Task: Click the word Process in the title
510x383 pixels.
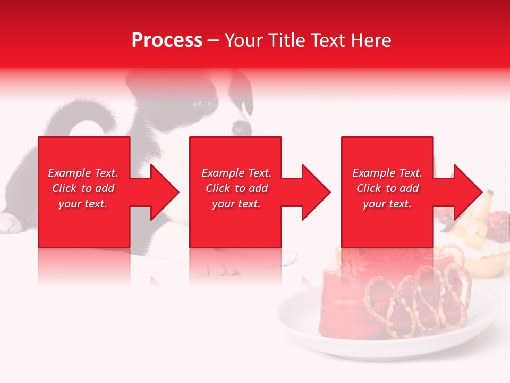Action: tap(167, 40)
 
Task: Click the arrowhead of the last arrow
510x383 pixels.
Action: tap(467, 192)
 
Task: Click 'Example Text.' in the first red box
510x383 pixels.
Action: tap(83, 173)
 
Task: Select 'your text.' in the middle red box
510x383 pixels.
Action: tap(236, 204)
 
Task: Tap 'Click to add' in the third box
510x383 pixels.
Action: tap(387, 188)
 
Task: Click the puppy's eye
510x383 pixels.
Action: tap(201, 104)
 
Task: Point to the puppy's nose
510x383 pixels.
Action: tap(241, 128)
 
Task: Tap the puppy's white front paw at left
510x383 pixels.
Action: tap(11, 222)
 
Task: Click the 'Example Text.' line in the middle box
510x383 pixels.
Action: tap(236, 173)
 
